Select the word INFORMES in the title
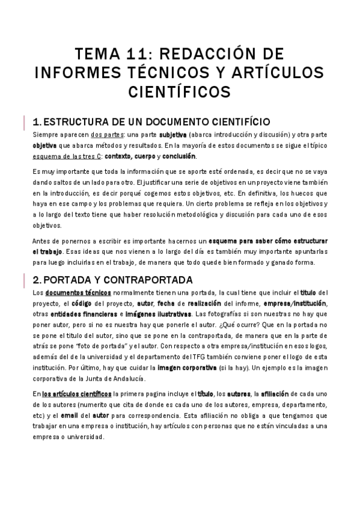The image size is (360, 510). [77, 72]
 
